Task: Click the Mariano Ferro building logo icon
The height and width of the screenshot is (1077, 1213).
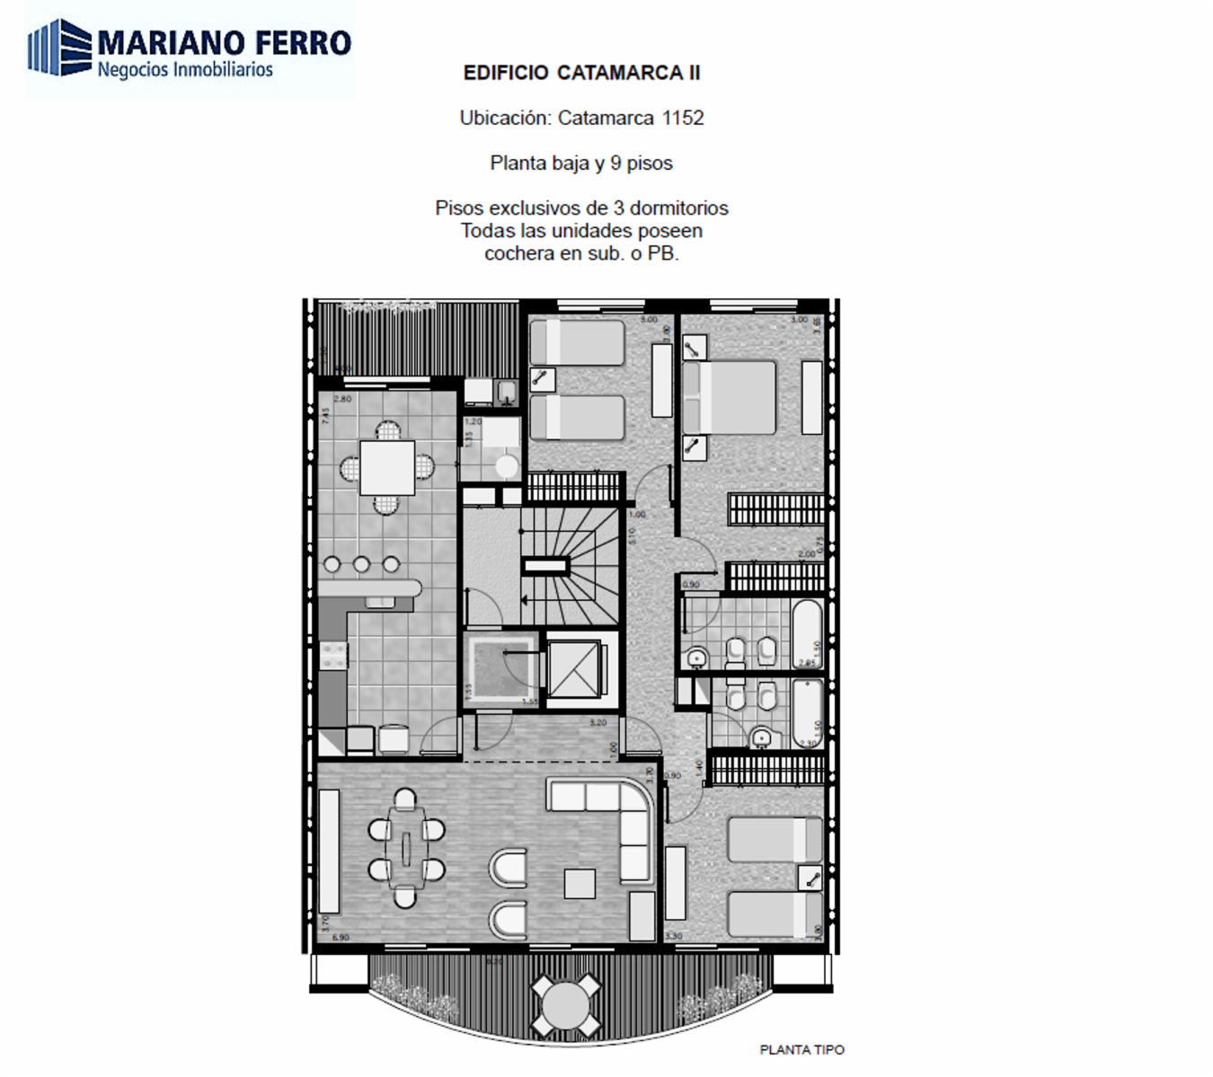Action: [59, 48]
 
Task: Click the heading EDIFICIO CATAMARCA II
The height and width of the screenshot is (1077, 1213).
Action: [581, 74]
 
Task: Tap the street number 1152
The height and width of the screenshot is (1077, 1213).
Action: [683, 118]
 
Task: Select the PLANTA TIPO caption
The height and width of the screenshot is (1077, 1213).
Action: [801, 1049]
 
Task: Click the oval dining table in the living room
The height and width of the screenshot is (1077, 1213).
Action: [406, 846]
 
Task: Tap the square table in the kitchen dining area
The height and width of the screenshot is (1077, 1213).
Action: [387, 467]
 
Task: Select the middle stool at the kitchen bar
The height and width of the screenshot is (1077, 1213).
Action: [361, 564]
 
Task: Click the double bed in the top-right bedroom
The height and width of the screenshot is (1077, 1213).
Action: [729, 397]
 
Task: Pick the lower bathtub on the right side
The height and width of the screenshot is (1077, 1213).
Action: [807, 712]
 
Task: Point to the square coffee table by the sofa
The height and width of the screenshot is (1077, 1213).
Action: [580, 884]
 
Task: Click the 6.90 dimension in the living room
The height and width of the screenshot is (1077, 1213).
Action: [341, 938]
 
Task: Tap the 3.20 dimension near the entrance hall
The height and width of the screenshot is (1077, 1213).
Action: [598, 722]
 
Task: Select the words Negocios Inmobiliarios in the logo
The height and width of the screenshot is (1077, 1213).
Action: [185, 70]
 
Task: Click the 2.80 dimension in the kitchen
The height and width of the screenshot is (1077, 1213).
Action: [342, 399]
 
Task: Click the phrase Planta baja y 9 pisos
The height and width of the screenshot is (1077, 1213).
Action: [581, 163]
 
